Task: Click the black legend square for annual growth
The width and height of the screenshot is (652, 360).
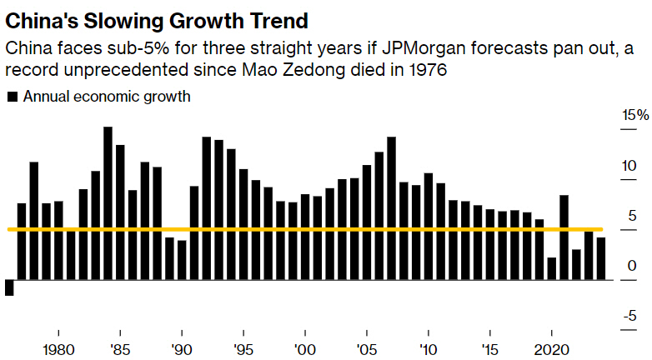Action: click(13, 97)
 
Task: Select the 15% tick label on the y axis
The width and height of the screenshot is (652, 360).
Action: click(634, 115)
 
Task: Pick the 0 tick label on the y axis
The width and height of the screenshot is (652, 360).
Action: click(631, 267)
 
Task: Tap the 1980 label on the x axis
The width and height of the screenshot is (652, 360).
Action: click(58, 348)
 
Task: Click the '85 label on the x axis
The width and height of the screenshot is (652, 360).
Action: click(119, 348)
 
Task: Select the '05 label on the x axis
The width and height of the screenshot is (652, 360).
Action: click(366, 348)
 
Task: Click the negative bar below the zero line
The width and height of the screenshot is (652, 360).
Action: click(9, 287)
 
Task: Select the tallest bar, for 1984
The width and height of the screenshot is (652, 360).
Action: click(108, 203)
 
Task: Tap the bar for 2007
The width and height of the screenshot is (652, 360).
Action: click(391, 208)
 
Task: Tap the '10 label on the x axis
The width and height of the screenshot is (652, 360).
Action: click(428, 348)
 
